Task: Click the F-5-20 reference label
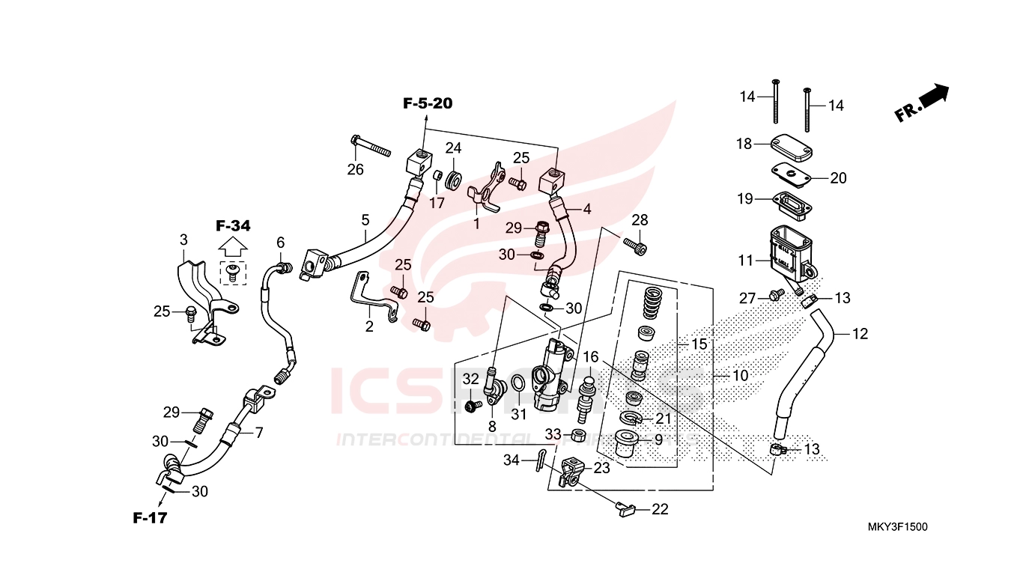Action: [x=428, y=103]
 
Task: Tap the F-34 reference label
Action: [x=233, y=225]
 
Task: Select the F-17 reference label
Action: [x=150, y=517]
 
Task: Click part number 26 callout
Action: [x=355, y=170]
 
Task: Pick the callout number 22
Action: [x=660, y=510]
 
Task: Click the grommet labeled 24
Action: [x=454, y=180]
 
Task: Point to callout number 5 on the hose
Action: [x=365, y=220]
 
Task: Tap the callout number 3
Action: [x=183, y=240]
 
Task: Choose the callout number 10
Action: [x=740, y=375]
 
